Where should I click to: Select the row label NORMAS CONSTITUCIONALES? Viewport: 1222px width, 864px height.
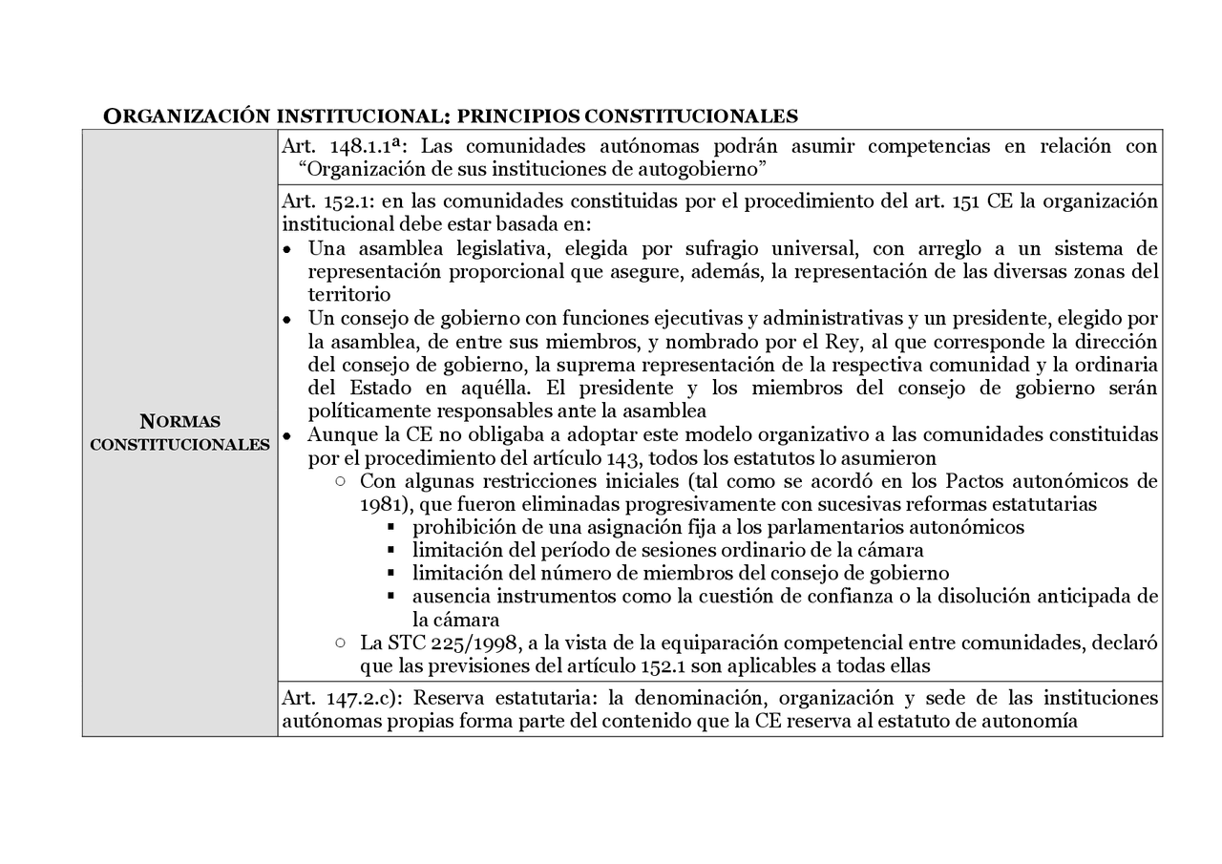coord(179,432)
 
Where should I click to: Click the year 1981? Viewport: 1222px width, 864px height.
coord(380,504)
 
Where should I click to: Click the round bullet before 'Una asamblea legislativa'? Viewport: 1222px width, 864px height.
coord(287,250)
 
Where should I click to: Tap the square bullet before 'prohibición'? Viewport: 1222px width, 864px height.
coord(392,527)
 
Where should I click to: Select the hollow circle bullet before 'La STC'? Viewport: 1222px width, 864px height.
coord(341,643)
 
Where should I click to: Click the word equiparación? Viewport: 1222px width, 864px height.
coord(715,643)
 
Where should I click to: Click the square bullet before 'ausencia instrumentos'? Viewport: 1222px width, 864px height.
coord(392,597)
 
